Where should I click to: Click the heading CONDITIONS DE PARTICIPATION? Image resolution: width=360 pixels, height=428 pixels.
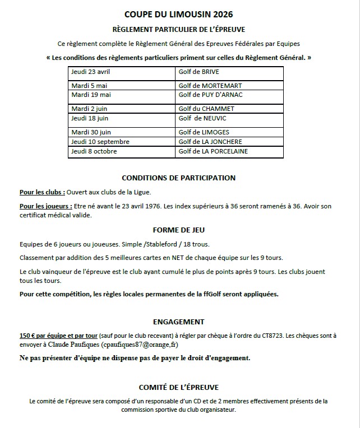[179, 178]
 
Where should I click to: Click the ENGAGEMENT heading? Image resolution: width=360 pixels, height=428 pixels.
[179, 322]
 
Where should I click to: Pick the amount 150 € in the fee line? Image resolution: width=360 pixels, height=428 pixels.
[28, 336]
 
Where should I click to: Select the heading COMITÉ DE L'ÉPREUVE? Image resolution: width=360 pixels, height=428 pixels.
[179, 387]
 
